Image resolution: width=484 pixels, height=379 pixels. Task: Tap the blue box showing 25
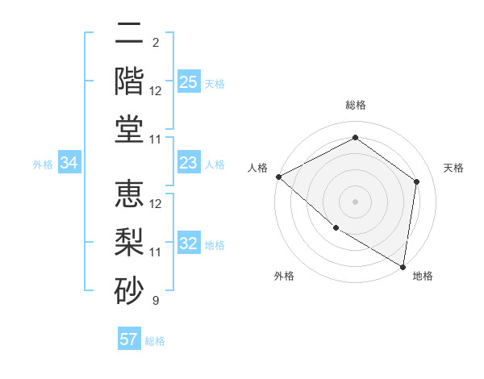189,82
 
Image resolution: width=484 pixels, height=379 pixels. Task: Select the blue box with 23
189,164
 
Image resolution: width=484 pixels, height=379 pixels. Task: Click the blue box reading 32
189,244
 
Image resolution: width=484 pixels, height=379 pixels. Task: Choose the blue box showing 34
69,164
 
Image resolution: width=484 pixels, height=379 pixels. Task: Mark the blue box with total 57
129,339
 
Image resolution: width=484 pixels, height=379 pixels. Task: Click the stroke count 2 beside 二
155,43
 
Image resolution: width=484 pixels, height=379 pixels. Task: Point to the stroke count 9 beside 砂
155,301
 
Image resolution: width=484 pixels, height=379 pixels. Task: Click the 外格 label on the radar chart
284,276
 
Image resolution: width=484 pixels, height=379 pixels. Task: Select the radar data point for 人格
278,177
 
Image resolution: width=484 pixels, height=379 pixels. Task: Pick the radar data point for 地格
403,266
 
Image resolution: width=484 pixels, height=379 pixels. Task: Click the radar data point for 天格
417,181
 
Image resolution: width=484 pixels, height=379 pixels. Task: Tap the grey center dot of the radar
355,202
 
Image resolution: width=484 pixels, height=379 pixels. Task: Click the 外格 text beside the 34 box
43,165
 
